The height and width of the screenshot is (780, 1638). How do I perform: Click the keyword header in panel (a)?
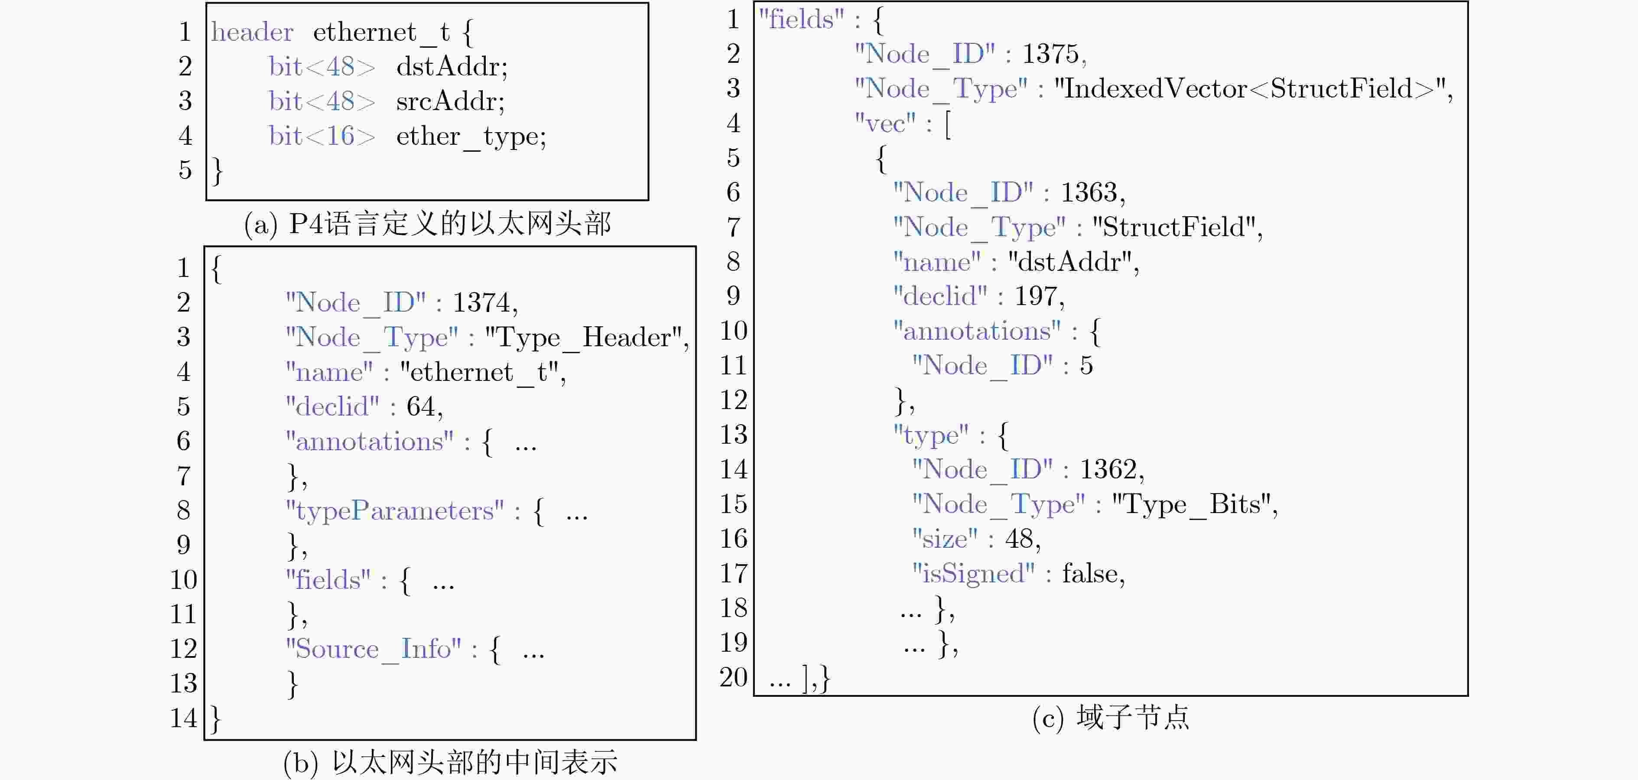(253, 32)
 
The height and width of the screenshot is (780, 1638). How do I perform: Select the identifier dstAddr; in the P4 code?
(452, 66)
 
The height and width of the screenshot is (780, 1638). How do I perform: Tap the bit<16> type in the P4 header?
(322, 135)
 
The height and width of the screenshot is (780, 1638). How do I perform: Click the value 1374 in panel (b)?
(481, 302)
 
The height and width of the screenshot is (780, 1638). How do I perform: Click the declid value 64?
(421, 406)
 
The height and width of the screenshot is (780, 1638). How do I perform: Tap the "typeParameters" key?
(395, 511)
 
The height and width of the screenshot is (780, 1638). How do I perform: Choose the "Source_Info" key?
(373, 650)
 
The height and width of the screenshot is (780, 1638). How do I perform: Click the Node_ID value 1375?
(1050, 54)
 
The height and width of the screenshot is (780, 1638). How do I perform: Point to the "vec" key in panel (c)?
(885, 123)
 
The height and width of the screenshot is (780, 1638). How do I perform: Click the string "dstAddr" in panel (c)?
(1069, 262)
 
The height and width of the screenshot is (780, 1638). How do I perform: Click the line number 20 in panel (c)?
(733, 678)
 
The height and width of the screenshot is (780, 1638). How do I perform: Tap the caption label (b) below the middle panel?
(300, 763)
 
